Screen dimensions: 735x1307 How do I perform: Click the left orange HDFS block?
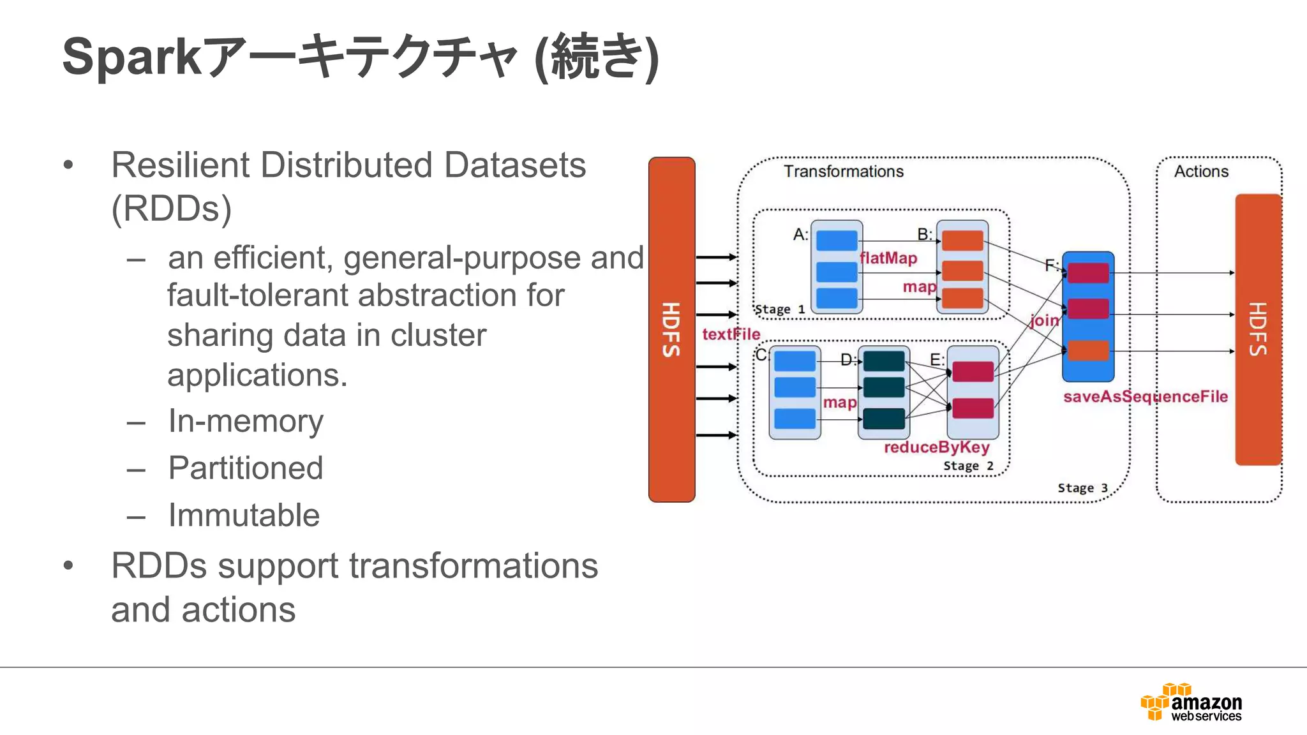pyautogui.click(x=671, y=329)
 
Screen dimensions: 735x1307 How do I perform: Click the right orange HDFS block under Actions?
pyautogui.click(x=1258, y=329)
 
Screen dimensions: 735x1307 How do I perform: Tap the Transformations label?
pyautogui.click(x=843, y=172)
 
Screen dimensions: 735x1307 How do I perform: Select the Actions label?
pyautogui.click(x=1201, y=172)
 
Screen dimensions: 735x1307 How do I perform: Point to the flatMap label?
pyautogui.click(x=888, y=258)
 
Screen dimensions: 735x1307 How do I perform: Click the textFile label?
pyautogui.click(x=731, y=334)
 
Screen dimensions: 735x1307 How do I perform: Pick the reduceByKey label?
pyautogui.click(x=936, y=447)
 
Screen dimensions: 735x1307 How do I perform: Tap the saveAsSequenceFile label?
pyautogui.click(x=1145, y=397)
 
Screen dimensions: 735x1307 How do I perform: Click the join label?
pyautogui.click(x=1045, y=320)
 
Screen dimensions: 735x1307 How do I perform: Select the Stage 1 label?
pyautogui.click(x=779, y=310)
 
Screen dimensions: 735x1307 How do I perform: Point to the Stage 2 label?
pyautogui.click(x=968, y=466)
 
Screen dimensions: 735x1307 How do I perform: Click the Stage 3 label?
pyautogui.click(x=1082, y=488)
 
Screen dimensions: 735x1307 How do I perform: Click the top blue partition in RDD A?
pyautogui.click(x=837, y=241)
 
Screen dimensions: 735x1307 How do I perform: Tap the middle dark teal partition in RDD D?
pyautogui.click(x=884, y=387)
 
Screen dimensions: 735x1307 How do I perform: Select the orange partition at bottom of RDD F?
pyautogui.click(x=1088, y=351)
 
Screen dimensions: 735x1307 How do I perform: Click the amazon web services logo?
pyautogui.click(x=1191, y=702)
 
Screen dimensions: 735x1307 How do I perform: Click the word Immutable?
pyautogui.click(x=244, y=516)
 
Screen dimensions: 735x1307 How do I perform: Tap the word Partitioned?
pyautogui.click(x=246, y=468)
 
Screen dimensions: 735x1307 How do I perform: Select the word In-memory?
pyautogui.click(x=246, y=421)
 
